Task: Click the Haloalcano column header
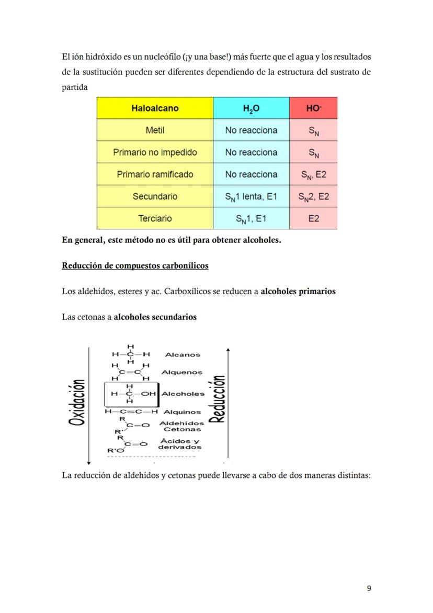pos(155,108)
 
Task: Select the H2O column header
pos(251,108)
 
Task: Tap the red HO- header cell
pos(313,108)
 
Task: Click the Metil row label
pos(155,130)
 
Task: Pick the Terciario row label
pos(155,218)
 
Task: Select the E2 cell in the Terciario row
pos(313,218)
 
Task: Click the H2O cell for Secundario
pos(251,196)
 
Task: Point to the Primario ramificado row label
pos(155,174)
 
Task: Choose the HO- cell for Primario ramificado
pos(313,174)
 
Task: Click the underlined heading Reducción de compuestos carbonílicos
pos(135,265)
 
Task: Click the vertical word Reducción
pos(217,399)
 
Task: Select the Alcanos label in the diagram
pos(183,355)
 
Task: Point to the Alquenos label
pos(182,373)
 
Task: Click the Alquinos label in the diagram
pos(182,413)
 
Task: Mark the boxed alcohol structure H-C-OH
pos(131,394)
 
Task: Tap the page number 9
pos(369,588)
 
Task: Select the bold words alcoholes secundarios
pos(155,317)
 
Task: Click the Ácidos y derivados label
pos(179,444)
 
